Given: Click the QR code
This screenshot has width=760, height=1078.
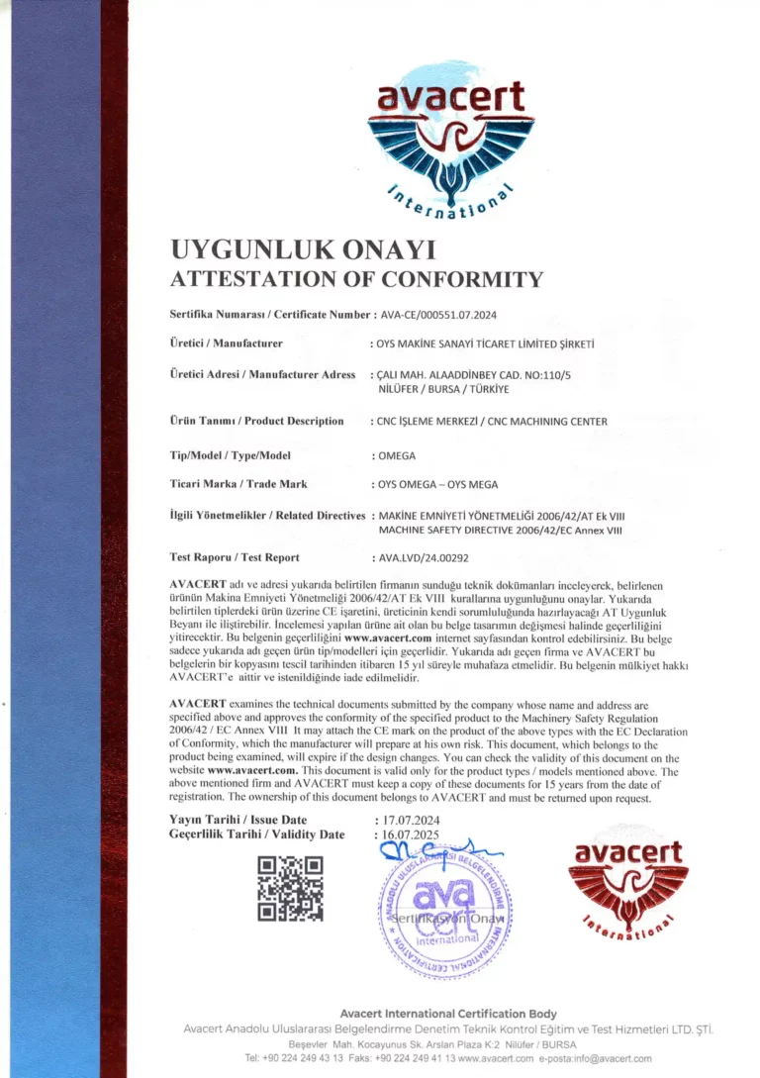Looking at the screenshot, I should [x=290, y=889].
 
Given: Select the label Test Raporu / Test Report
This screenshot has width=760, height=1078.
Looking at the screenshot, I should [x=235, y=557].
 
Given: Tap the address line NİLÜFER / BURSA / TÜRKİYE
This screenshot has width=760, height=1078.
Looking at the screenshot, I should [x=435, y=389].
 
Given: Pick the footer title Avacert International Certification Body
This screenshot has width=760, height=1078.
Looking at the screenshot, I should [x=448, y=1014].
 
